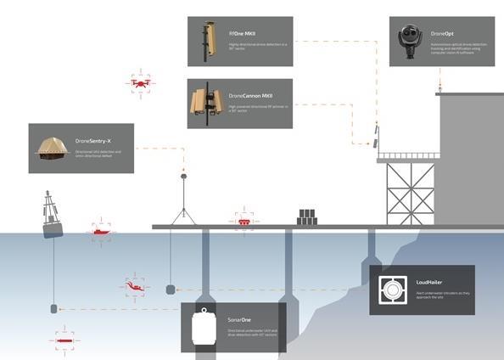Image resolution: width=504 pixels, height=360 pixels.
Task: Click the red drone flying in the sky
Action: (x=142, y=83)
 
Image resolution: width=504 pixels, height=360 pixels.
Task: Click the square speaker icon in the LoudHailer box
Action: (x=391, y=290)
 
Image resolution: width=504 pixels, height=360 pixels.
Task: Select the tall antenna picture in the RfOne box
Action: (x=204, y=39)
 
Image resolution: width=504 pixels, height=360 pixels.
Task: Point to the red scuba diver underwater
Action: (x=134, y=287)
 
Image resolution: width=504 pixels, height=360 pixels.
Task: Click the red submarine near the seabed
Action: (x=64, y=338)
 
